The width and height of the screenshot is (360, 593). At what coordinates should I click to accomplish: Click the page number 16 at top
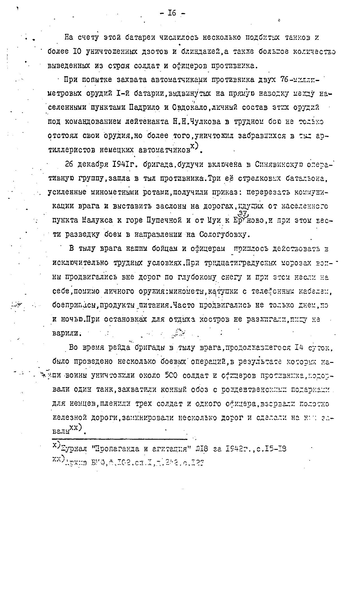[x=172, y=13]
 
